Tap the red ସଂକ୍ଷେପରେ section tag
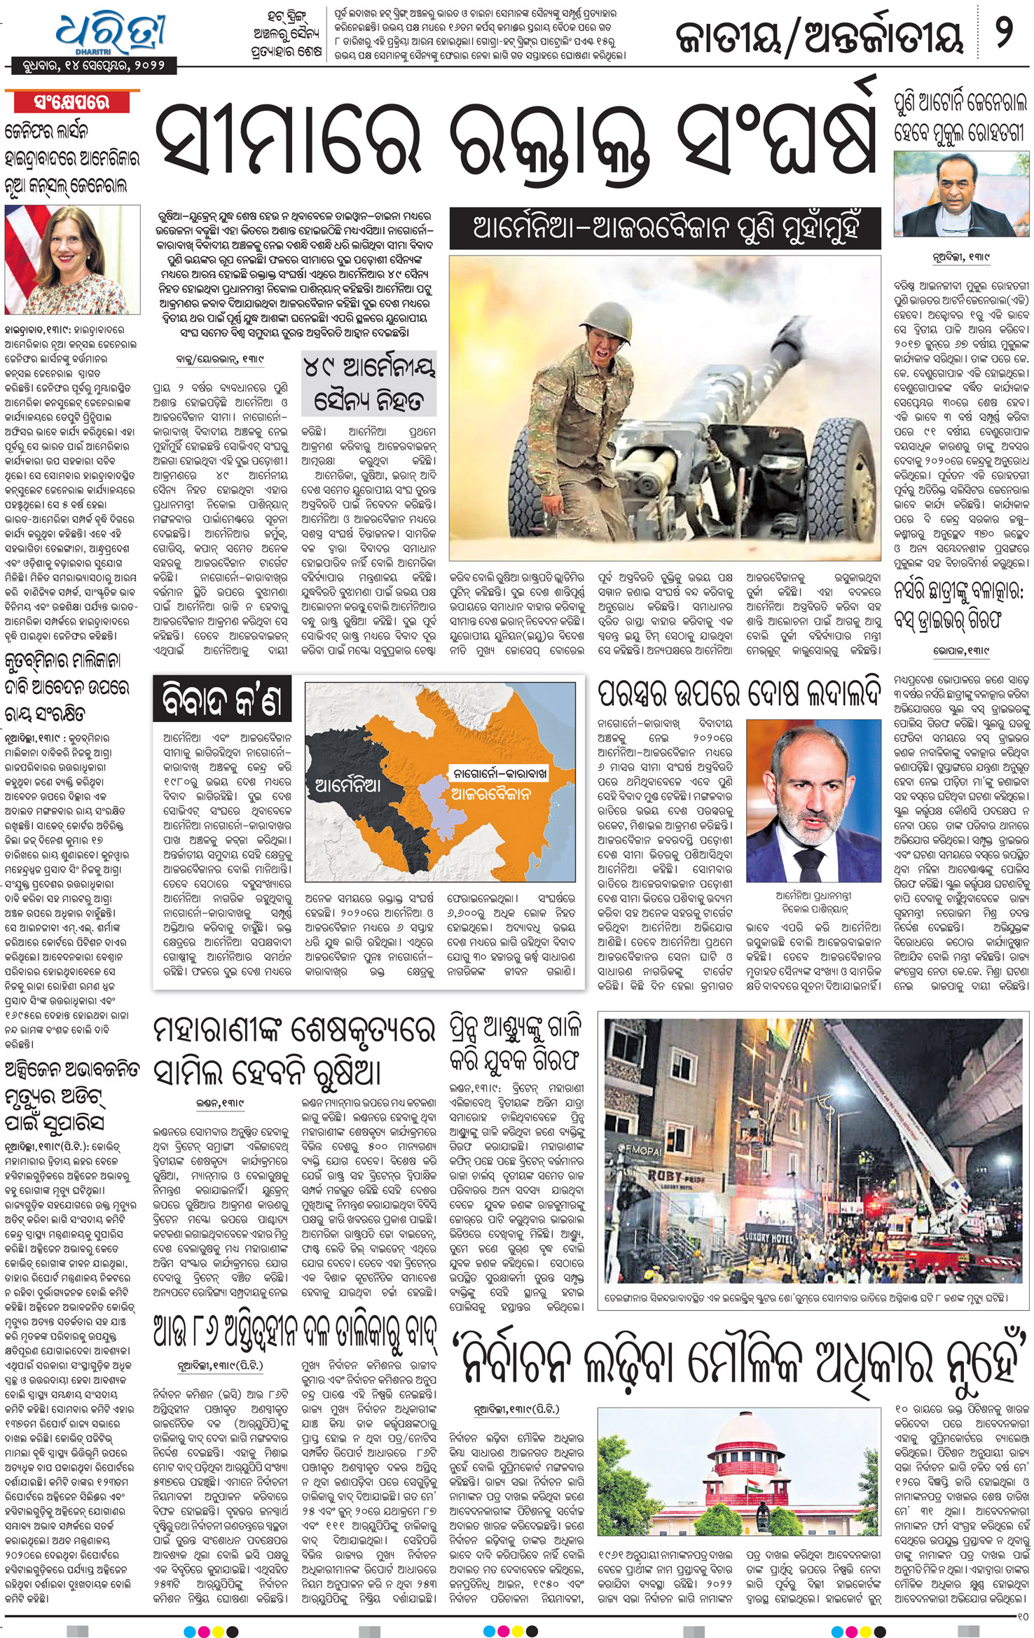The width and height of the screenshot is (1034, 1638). point(72,102)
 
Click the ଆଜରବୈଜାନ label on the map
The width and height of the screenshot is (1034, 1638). point(490,793)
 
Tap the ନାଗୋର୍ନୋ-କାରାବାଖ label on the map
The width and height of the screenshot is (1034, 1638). point(499,774)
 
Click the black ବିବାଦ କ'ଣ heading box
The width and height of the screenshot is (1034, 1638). point(222,699)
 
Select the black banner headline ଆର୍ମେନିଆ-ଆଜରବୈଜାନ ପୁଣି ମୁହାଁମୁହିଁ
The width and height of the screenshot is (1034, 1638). point(665,229)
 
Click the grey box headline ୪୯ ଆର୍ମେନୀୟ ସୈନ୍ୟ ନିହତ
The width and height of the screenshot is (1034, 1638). point(368,384)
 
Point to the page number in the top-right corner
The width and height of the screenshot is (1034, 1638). point(1004,33)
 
